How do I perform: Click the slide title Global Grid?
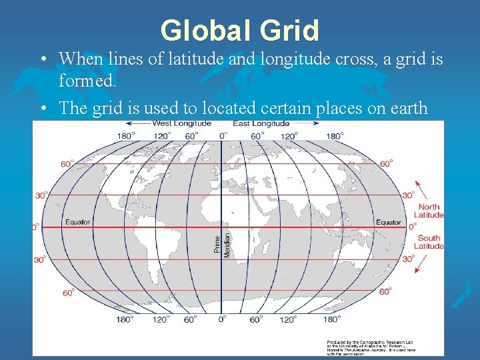[240, 30]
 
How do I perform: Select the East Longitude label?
[261, 123]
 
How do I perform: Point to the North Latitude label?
[429, 211]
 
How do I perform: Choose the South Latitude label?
[429, 242]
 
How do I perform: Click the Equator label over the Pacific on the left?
[78, 222]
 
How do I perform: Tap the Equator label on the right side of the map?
[389, 222]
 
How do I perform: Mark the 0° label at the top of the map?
[223, 135]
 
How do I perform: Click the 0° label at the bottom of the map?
[223, 319]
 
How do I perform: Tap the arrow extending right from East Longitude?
[306, 124]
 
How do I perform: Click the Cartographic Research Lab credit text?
[370, 344]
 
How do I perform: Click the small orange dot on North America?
[132, 194]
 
